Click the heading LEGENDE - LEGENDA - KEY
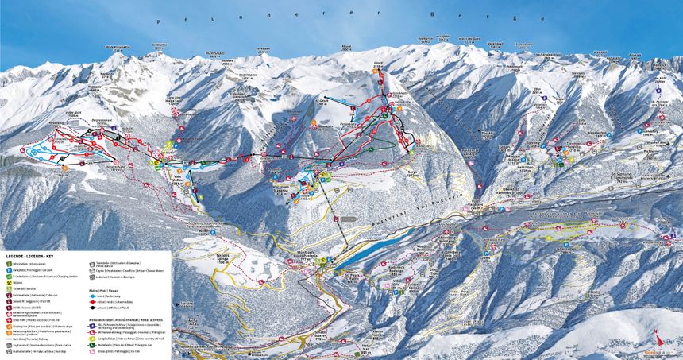[31, 257]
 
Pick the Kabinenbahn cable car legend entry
[8, 294]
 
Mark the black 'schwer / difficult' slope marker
[93, 307]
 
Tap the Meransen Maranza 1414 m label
[304, 188]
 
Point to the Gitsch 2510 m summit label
[379, 68]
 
